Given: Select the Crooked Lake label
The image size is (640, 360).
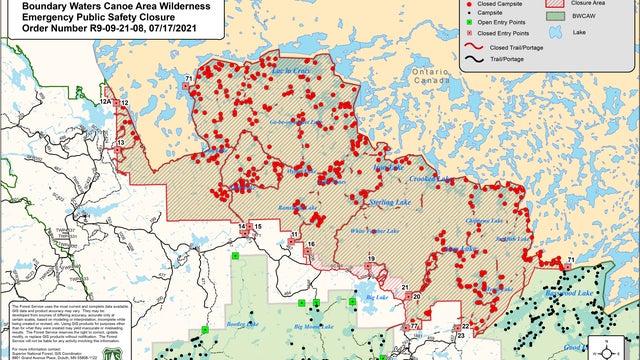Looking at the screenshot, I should (x=432, y=180).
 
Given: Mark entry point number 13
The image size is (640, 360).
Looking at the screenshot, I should (x=121, y=144).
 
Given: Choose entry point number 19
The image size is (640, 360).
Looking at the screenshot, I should (x=371, y=260).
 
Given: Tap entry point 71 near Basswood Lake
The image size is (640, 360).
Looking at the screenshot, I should (x=571, y=260).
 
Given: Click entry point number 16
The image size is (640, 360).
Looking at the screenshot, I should (x=312, y=244).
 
